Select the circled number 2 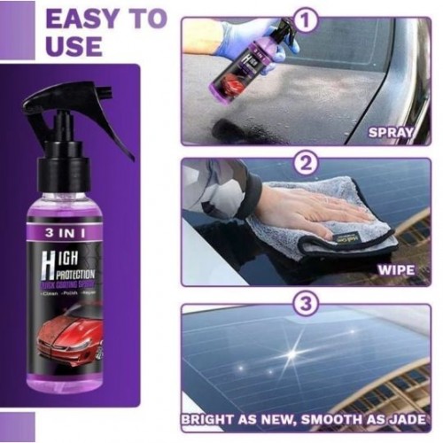305,162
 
